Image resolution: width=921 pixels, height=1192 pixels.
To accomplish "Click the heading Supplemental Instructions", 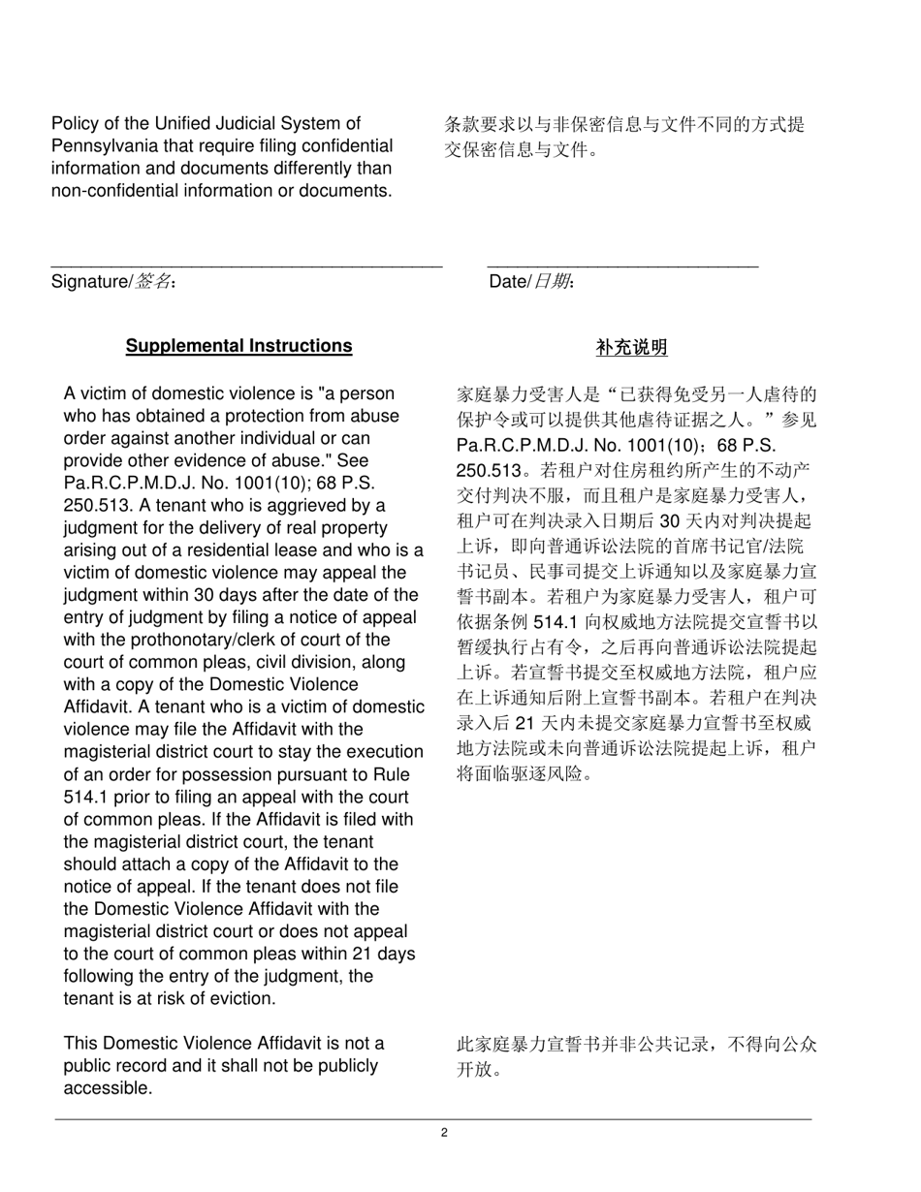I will (238, 346).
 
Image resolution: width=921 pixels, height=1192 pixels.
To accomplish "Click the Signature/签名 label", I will (113, 282).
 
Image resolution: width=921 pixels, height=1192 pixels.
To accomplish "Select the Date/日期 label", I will (531, 282).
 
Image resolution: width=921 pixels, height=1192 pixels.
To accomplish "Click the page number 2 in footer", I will (444, 1132).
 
